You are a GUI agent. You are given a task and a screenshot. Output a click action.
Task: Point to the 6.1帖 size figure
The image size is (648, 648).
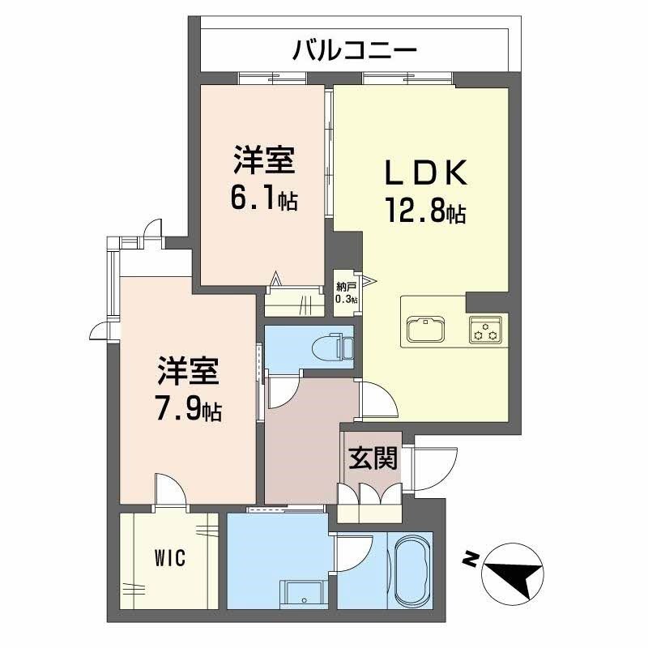click(x=264, y=199)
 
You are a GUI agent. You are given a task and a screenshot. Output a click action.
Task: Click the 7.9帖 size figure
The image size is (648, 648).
click(x=188, y=409)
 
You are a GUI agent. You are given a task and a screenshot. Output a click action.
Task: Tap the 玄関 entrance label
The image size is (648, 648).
click(x=373, y=459)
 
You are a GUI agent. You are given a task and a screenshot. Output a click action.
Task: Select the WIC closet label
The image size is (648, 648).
click(x=171, y=557)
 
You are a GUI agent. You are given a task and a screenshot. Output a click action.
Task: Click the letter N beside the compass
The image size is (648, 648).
click(x=468, y=558)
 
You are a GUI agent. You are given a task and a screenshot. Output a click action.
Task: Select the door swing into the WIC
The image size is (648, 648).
click(x=171, y=491)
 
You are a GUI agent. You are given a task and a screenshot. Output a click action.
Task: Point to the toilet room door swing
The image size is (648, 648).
click(x=283, y=394)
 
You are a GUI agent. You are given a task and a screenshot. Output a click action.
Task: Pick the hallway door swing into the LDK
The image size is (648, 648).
click(x=372, y=401)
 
